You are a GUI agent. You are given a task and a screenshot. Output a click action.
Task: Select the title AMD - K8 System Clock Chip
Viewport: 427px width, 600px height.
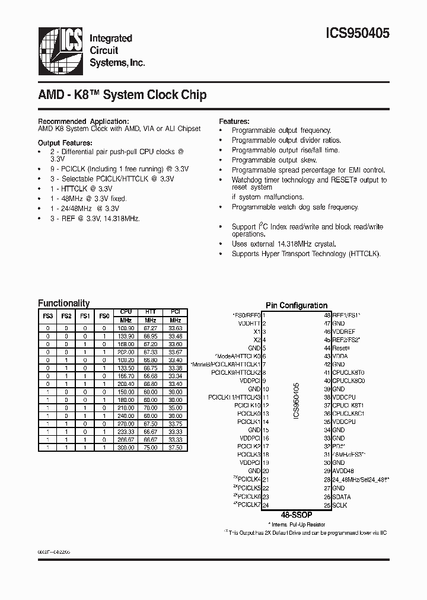click(x=123, y=95)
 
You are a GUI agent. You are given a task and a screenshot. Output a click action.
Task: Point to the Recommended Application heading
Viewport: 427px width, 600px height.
click(x=84, y=121)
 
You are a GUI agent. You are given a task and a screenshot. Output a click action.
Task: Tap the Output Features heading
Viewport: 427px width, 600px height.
click(x=65, y=143)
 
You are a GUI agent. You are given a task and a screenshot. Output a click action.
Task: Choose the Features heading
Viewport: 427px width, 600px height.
click(x=234, y=121)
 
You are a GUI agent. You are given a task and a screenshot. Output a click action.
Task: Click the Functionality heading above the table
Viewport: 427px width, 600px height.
click(x=64, y=303)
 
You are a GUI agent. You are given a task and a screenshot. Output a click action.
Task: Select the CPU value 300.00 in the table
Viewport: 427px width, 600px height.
click(x=126, y=448)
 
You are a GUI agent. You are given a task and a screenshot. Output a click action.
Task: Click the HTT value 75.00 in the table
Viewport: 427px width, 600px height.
click(x=151, y=448)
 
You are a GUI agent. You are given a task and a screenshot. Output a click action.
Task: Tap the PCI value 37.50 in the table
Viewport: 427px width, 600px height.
click(x=175, y=448)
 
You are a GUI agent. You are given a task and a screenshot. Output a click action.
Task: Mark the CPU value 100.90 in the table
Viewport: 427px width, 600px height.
click(x=126, y=328)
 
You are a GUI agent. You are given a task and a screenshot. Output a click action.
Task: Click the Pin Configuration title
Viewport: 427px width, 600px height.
click(x=297, y=305)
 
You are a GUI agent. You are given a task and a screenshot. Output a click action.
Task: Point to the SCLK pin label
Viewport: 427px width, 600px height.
click(x=340, y=505)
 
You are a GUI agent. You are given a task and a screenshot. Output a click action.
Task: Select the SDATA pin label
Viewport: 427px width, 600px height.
click(x=342, y=497)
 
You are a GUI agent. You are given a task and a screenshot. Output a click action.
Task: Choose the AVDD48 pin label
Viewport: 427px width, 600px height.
click(x=343, y=471)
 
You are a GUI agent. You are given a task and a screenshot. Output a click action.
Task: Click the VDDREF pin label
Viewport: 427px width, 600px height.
click(x=344, y=332)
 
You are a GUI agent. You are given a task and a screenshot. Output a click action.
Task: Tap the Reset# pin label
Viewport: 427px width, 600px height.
click(x=341, y=349)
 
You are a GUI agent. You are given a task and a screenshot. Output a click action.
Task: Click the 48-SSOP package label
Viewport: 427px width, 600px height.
click(x=297, y=515)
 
